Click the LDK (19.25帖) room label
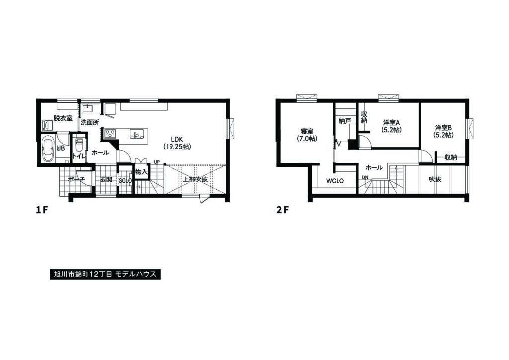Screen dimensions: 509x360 (x=177, y=143)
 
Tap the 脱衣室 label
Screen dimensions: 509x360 (x=63, y=118)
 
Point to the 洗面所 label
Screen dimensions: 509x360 (x=90, y=123)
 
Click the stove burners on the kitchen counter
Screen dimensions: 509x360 (x=110, y=133)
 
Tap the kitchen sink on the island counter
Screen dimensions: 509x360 (x=136, y=133)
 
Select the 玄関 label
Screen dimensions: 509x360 (x=106, y=179)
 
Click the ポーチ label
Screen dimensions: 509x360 (x=77, y=179)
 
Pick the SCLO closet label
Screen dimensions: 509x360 (x=125, y=181)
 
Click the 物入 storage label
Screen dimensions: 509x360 (x=141, y=172)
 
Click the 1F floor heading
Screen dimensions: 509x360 (x=42, y=210)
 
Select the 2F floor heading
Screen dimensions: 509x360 (x=282, y=210)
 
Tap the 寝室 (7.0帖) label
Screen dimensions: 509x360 (x=307, y=135)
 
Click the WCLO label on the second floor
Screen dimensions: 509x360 (x=335, y=181)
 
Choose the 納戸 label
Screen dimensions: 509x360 (x=345, y=121)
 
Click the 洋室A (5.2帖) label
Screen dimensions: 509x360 (x=391, y=126)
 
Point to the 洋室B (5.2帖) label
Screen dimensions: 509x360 (x=444, y=131)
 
